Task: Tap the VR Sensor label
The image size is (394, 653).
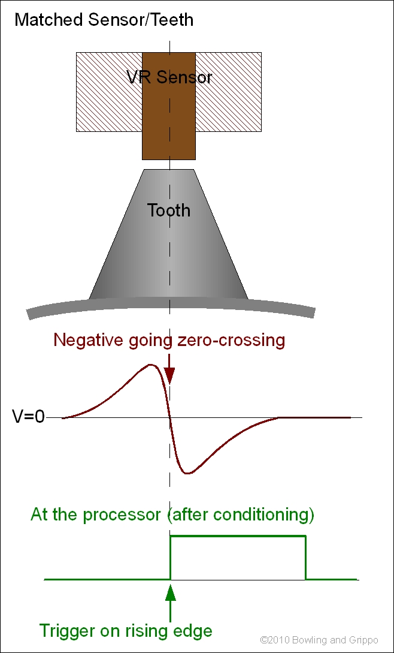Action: point(169,77)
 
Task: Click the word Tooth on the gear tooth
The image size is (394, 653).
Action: point(169,210)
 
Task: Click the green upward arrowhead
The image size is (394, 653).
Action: point(171,592)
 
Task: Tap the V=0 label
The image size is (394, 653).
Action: point(28,417)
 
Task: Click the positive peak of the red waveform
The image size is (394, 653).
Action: point(150,365)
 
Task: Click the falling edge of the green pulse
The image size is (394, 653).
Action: point(306,558)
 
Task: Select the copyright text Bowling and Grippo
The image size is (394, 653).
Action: point(334,641)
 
